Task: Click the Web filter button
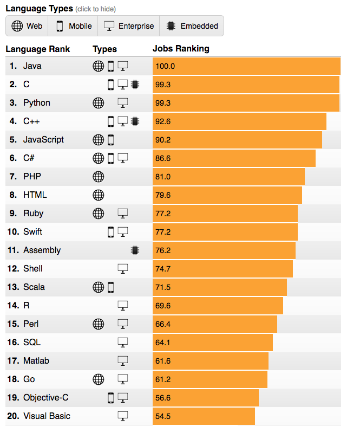(27, 26)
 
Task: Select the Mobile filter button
(73, 26)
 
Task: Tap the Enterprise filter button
(129, 26)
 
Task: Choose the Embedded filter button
(192, 26)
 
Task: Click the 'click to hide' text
(96, 9)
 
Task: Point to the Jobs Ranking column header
(181, 49)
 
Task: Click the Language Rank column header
(38, 49)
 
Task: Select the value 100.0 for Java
(165, 67)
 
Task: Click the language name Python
(37, 103)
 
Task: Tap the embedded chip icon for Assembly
(135, 250)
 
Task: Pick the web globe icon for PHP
(98, 177)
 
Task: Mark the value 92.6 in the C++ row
(163, 122)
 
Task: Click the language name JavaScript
(43, 140)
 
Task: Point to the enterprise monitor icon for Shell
(123, 269)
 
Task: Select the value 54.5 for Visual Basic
(163, 416)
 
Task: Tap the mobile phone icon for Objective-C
(111, 398)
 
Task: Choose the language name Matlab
(36, 361)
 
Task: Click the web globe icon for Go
(98, 379)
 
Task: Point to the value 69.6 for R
(163, 306)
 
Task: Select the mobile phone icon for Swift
(111, 232)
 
